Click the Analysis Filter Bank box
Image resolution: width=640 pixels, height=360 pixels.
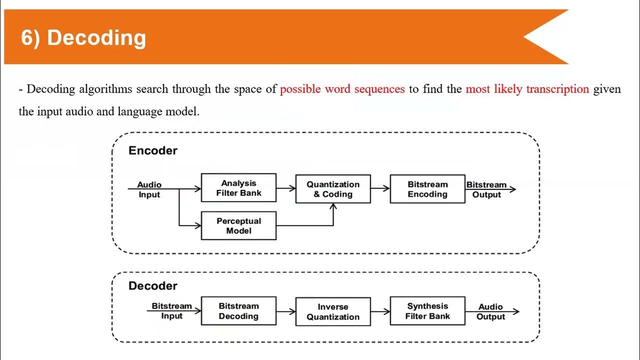[x=238, y=187]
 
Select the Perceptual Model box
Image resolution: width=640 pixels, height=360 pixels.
[x=238, y=225]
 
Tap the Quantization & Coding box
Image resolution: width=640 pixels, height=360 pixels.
[x=333, y=189]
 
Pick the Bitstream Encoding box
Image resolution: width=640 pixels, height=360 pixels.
[x=427, y=189]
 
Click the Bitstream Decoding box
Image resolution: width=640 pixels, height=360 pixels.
[x=238, y=311]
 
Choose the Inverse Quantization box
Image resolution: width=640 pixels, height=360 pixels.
[x=333, y=311]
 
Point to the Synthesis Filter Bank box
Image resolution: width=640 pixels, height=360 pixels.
[x=427, y=311]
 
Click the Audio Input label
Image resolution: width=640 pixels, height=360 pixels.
[x=149, y=189]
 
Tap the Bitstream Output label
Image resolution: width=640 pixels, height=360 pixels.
[x=486, y=189]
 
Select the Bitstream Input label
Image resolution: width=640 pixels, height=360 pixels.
[x=172, y=310]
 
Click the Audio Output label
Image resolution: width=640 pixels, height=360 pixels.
[x=490, y=311]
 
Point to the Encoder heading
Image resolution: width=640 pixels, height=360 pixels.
[x=153, y=150]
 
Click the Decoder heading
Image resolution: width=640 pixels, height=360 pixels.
[x=153, y=286]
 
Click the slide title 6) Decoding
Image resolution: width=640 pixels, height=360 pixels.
[x=83, y=38]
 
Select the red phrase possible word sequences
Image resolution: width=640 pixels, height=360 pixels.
[x=342, y=89]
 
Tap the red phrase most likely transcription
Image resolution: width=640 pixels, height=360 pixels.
[x=527, y=89]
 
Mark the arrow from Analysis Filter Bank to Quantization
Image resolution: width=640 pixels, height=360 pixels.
[x=286, y=188]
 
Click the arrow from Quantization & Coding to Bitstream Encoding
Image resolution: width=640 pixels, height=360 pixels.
[x=380, y=188]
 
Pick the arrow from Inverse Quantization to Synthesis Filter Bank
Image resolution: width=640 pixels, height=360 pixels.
[x=380, y=311]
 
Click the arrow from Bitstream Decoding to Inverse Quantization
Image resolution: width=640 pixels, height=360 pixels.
[x=286, y=311]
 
